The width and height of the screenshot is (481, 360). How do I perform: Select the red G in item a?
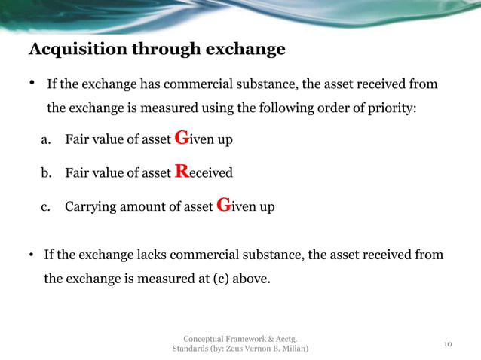coord(180,137)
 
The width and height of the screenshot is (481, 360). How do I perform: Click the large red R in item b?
coord(180,172)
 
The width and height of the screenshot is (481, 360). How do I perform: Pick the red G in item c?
coord(222,205)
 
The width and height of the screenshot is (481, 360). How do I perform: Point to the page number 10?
coord(447,344)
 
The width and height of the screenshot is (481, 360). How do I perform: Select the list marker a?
coord(45,139)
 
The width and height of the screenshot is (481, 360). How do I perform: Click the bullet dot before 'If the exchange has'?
coord(32,82)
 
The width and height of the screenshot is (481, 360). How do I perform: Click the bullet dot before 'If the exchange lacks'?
coord(32,255)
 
